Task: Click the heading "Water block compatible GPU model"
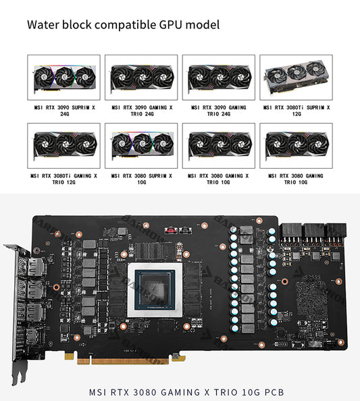click(x=123, y=25)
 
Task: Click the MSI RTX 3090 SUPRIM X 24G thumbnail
click(x=64, y=77)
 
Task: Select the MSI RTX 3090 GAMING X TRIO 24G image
click(x=142, y=77)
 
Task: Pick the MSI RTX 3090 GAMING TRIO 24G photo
click(x=219, y=77)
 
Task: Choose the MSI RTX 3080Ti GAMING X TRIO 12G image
click(x=64, y=145)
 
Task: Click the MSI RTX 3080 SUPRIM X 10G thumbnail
click(x=142, y=145)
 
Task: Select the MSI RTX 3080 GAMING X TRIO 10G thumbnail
click(x=219, y=145)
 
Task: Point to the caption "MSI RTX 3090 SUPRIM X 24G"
click(x=64, y=110)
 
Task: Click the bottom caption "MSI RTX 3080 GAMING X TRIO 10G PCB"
click(x=186, y=392)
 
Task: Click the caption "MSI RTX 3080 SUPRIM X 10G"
click(x=142, y=179)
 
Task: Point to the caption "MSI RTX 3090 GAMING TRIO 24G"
click(x=219, y=110)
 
